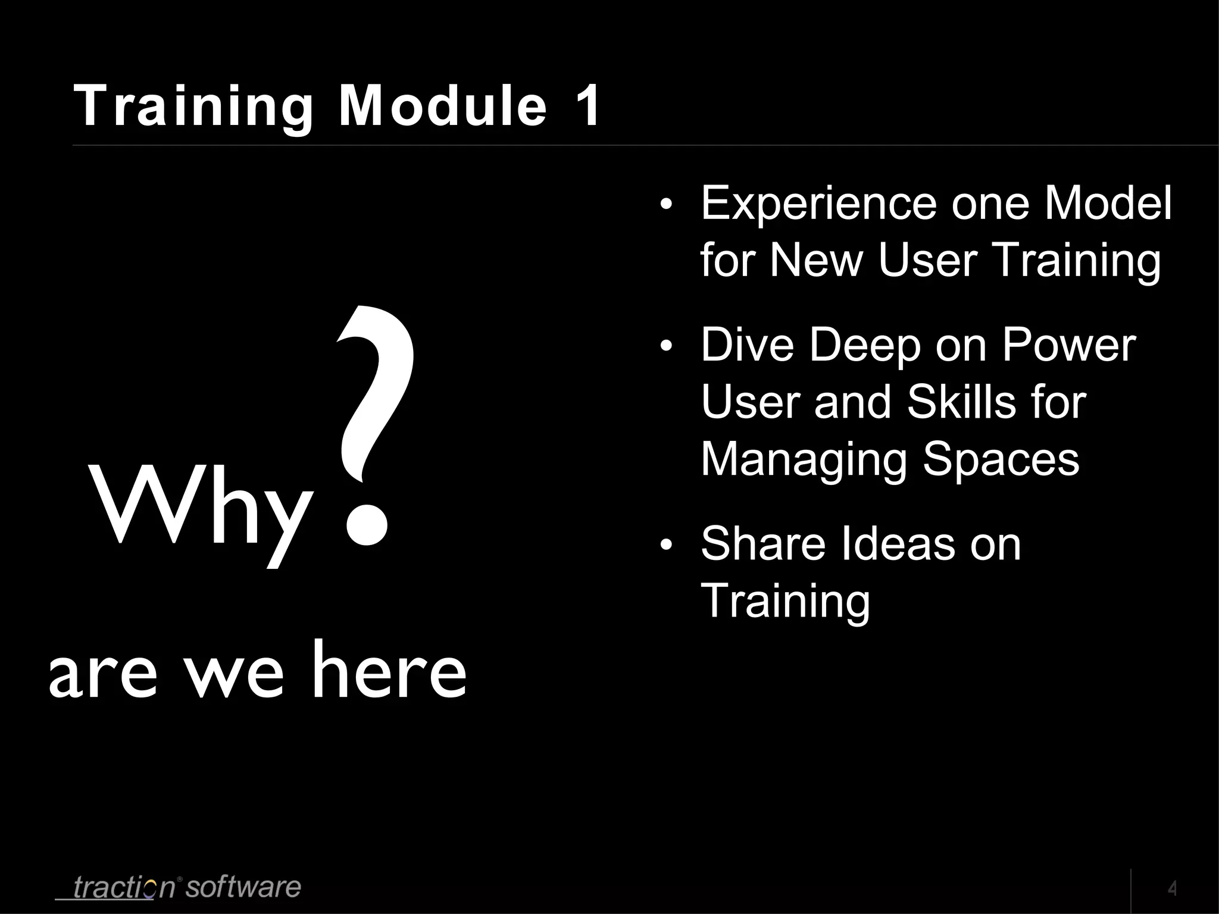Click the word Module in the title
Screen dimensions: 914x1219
(442, 106)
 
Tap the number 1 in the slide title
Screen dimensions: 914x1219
(586, 106)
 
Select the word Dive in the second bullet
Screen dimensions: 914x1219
(747, 345)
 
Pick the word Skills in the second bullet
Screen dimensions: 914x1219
(963, 402)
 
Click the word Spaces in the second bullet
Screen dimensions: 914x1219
(1001, 459)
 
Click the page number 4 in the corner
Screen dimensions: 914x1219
(1172, 889)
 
